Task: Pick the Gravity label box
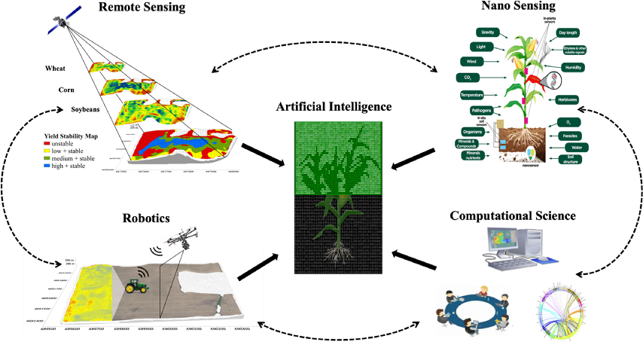(x=488, y=32)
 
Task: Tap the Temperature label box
(x=477, y=95)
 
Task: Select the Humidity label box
(x=571, y=67)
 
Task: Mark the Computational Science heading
(x=513, y=215)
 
